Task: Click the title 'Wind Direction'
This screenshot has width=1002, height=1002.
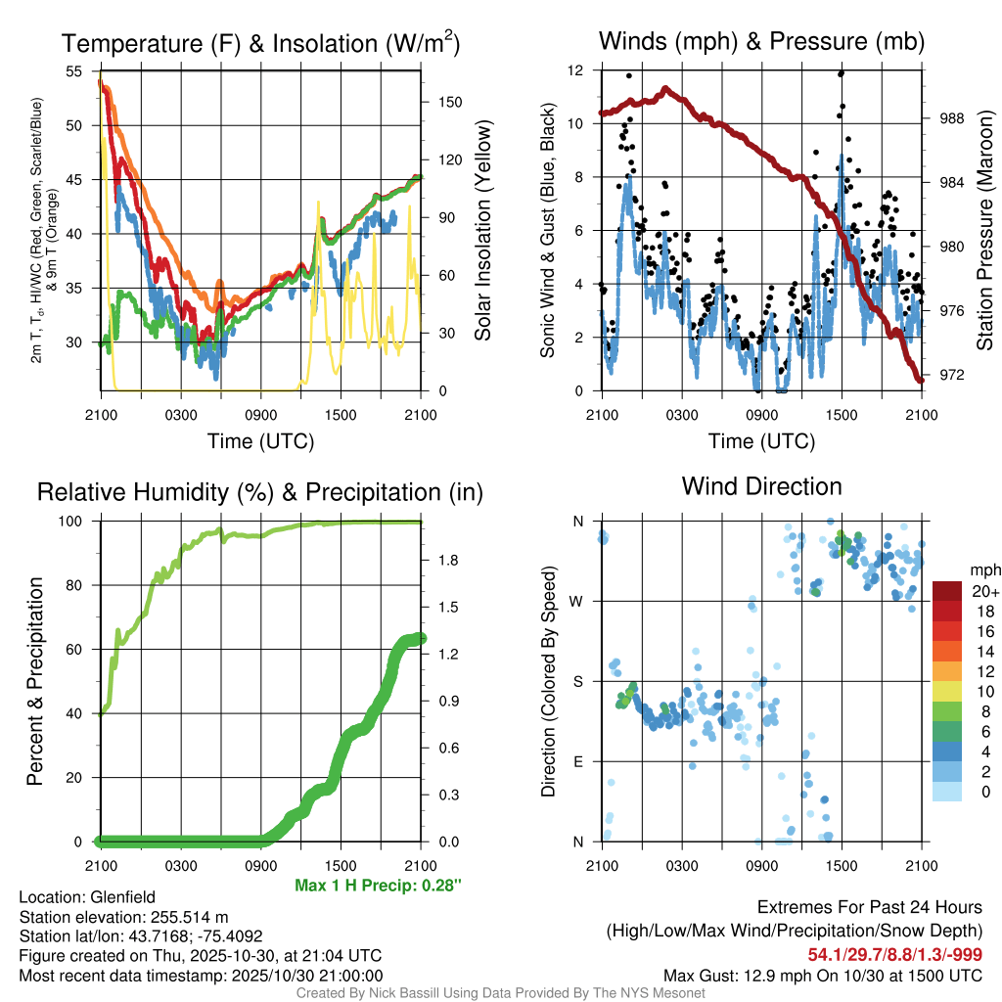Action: (x=761, y=486)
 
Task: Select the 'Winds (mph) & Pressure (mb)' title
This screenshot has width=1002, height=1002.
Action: (x=761, y=41)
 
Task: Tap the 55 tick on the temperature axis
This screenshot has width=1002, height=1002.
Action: (x=75, y=71)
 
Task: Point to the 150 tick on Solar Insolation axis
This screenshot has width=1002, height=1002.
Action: (x=442, y=102)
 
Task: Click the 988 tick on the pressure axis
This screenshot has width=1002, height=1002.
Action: (x=950, y=118)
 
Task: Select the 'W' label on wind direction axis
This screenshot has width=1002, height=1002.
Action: (x=577, y=601)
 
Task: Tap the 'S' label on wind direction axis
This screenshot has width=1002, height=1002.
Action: (x=577, y=681)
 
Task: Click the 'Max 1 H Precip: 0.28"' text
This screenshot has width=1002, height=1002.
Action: (x=378, y=886)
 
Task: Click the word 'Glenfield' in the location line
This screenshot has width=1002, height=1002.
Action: (x=123, y=897)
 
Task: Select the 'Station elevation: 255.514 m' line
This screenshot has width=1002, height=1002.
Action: (x=123, y=917)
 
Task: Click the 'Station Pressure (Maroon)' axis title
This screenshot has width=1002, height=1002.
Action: (x=984, y=230)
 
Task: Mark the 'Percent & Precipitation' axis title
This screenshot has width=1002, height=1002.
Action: (x=34, y=681)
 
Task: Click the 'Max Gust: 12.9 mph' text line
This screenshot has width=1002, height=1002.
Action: (x=823, y=975)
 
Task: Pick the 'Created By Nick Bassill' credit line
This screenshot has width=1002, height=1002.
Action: (x=500, y=993)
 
